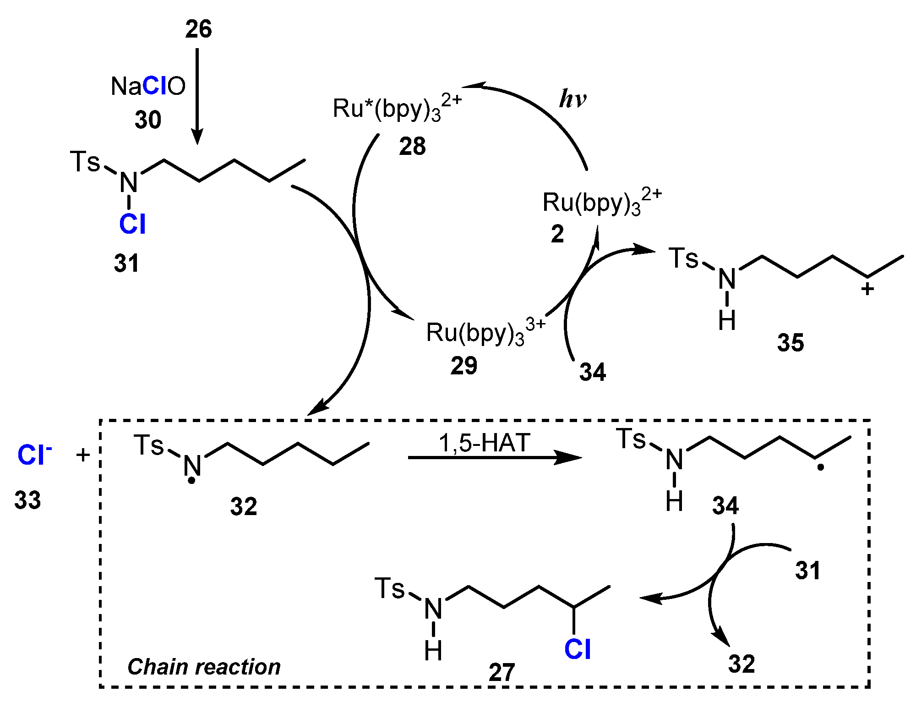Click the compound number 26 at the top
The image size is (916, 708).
198,29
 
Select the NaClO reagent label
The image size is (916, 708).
148,86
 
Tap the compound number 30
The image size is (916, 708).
148,120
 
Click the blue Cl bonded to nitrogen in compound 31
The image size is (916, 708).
132,225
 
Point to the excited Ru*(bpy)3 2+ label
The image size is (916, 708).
397,109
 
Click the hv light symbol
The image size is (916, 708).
572,99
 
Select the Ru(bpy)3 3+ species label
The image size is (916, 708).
485,332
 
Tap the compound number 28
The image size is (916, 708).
412,147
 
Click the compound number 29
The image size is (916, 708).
463,366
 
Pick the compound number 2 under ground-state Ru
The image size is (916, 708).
557,234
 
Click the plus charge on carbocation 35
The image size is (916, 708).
867,289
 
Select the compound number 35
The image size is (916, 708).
791,343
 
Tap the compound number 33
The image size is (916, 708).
27,500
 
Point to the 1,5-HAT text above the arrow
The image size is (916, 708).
485,443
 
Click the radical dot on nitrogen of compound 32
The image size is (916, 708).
192,481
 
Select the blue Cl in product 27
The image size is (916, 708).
578,649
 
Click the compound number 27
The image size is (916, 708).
502,673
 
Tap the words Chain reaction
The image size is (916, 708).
204,667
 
